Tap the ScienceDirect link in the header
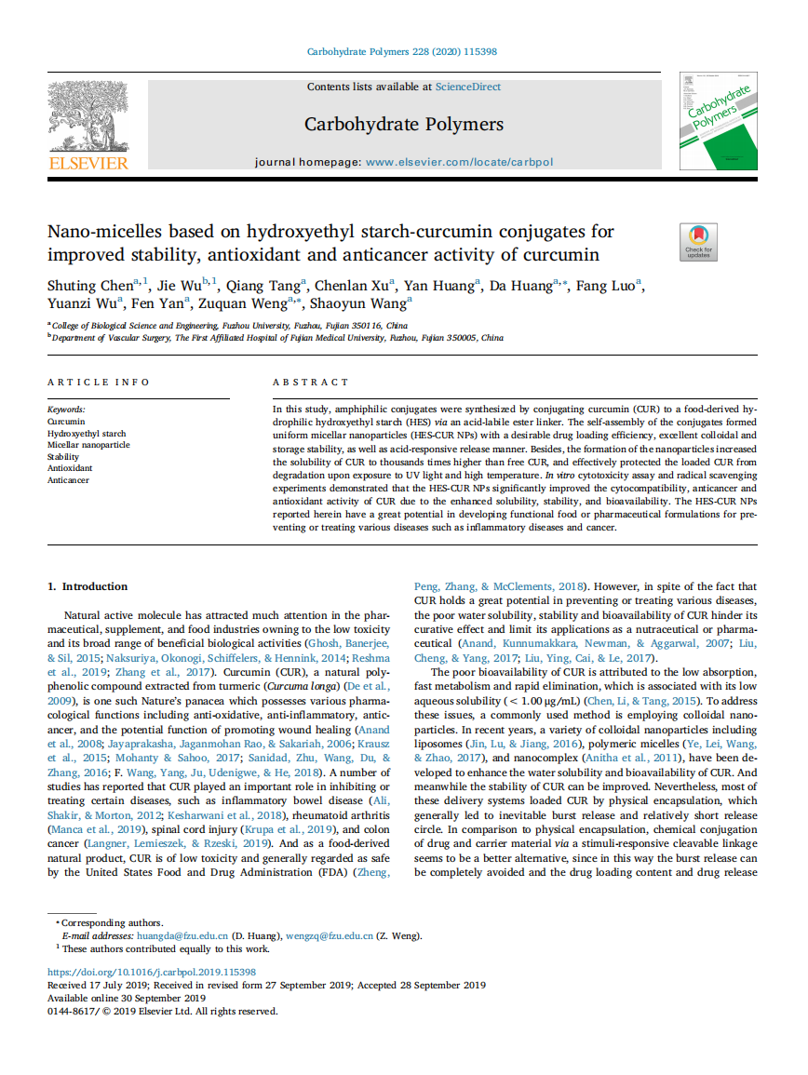coord(467,87)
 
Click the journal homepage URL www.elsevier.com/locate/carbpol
coord(459,162)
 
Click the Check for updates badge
coord(698,242)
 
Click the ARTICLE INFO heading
coord(99,382)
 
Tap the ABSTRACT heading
coord(311,382)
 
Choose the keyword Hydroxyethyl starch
coord(87,434)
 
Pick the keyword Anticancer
coord(68,480)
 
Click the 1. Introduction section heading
coord(88,586)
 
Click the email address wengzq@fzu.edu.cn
coord(329,935)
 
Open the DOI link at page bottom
coord(152,972)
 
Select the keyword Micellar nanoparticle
coord(88,445)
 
